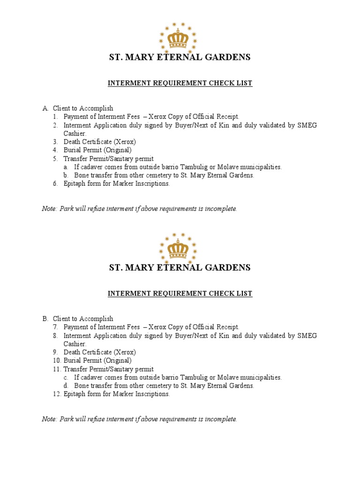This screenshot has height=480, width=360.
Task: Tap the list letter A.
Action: point(45,108)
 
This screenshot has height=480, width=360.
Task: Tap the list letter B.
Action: point(45,319)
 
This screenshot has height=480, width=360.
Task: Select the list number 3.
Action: point(55,142)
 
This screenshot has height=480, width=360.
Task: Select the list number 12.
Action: point(56,394)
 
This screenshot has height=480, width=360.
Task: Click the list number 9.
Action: point(55,352)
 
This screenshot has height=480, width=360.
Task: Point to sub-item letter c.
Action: point(66,377)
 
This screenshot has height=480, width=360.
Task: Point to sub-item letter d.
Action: point(66,386)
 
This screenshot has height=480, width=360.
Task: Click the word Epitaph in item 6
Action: point(75,184)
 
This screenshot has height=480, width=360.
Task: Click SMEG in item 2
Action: point(307,125)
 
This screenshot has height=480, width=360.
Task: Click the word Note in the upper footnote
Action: point(49,209)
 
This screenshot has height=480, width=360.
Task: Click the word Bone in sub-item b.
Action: point(82,175)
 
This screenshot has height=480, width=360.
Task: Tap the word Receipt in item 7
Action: point(227,327)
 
